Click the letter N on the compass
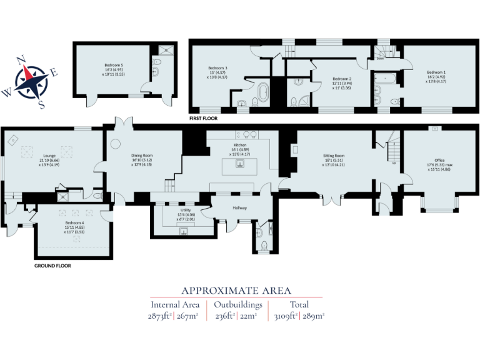click(20, 61)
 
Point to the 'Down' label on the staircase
click(380, 60)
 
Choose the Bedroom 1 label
click(436, 72)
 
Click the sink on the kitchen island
click(239, 164)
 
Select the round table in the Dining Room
click(116, 143)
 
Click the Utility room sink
click(184, 231)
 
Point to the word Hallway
click(240, 207)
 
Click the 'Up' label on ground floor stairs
click(394, 164)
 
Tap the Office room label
click(440, 160)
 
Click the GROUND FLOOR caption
click(52, 266)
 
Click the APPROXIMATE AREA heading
click(236, 290)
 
